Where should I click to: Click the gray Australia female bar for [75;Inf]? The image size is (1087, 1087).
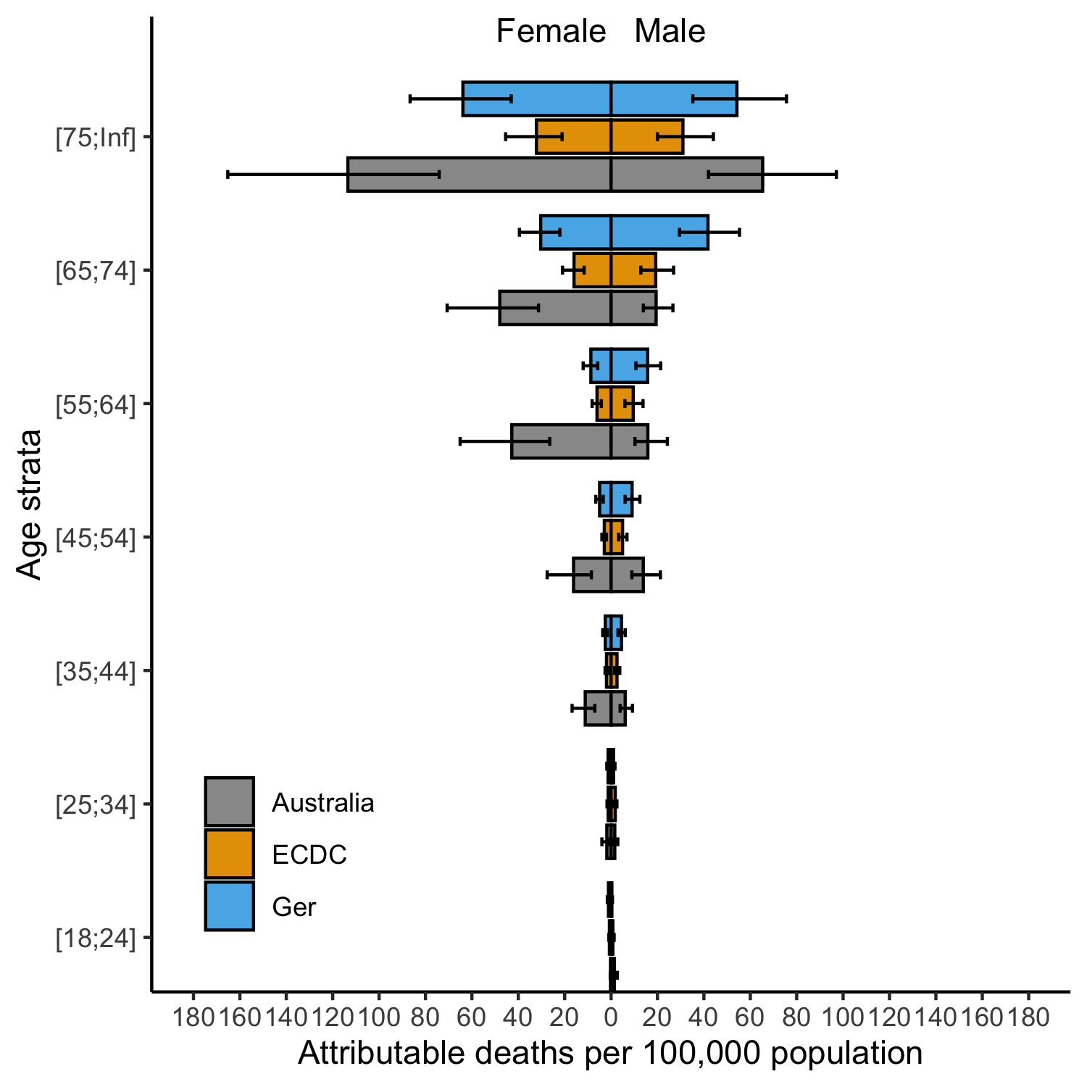[478, 174]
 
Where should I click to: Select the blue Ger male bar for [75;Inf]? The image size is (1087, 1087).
[674, 99]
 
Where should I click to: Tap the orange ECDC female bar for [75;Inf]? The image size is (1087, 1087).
[573, 136]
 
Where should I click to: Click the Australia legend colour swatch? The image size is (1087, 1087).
[229, 801]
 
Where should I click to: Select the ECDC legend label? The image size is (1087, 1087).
[309, 855]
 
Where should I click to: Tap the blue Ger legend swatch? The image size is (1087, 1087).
[229, 906]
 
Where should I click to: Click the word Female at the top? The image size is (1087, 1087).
[551, 32]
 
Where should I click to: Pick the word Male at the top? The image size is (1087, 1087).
[670, 32]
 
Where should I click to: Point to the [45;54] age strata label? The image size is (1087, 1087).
[96, 538]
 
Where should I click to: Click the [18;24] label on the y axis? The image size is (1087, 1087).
[96, 938]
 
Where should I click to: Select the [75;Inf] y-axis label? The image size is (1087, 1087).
[96, 138]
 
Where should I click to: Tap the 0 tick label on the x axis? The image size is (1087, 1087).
[611, 1017]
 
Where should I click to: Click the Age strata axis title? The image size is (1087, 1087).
[30, 504]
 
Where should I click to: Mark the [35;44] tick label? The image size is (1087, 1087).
[96, 671]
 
